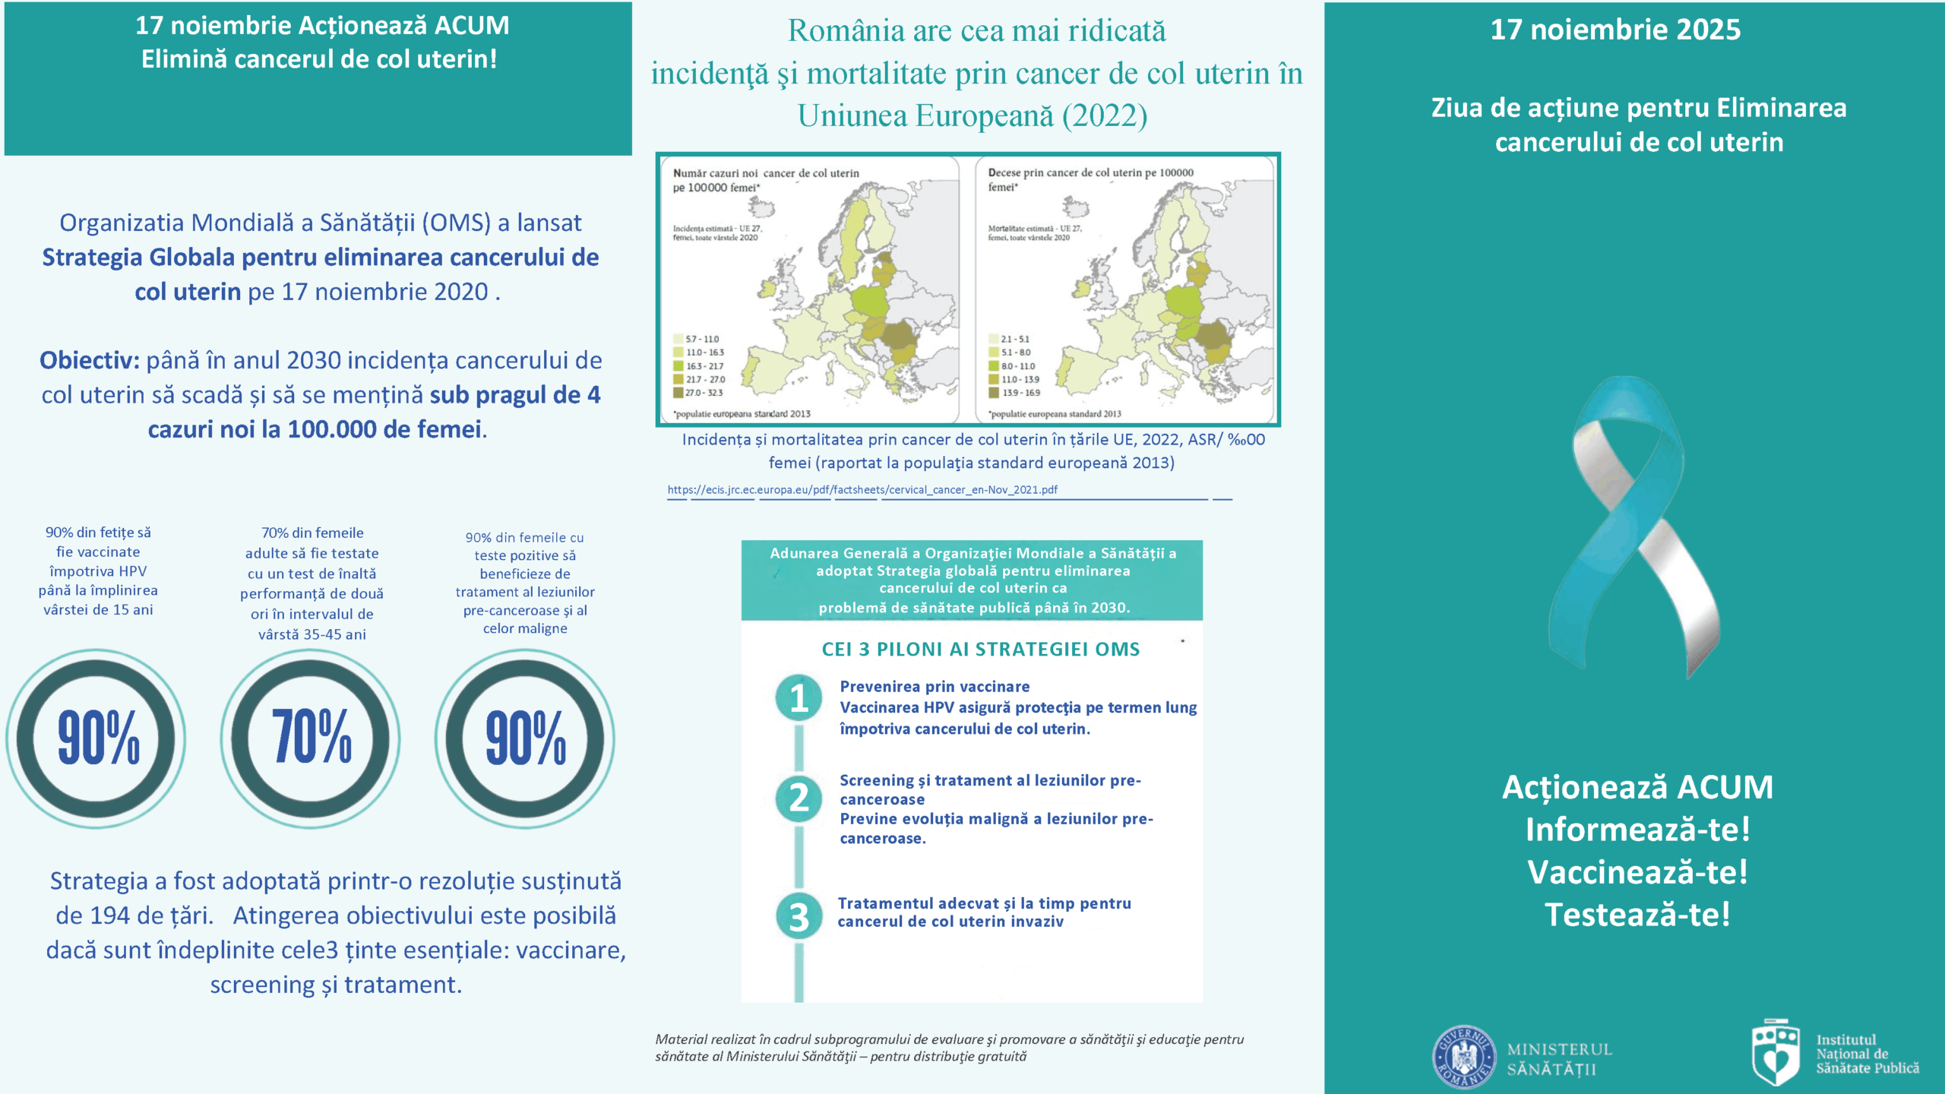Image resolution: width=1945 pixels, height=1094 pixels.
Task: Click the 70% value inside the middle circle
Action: [311, 737]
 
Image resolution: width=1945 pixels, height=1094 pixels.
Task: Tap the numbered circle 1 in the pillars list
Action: [799, 697]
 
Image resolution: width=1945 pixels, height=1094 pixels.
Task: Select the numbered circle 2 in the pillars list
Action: [799, 798]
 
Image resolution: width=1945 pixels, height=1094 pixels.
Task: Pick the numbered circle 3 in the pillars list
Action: [799, 916]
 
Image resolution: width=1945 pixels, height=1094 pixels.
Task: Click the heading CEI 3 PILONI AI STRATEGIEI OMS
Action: [980, 650]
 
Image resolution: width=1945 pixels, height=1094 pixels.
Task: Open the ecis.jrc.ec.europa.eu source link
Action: [862, 490]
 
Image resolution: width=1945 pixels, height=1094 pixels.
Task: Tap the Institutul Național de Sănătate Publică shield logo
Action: [1775, 1052]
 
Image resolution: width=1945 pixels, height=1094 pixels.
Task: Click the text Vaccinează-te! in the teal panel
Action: [1637, 872]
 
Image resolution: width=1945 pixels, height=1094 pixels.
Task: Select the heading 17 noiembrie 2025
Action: [1615, 30]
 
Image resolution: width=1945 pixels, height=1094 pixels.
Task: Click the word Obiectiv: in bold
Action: [90, 360]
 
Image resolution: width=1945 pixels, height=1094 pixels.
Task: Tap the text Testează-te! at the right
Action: [1637, 915]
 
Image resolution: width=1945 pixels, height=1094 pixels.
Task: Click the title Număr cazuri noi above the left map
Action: [715, 173]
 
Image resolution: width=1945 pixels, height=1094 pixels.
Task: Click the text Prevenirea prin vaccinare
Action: [935, 687]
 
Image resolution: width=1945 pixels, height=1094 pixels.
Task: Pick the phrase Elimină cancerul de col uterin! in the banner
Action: [319, 59]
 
